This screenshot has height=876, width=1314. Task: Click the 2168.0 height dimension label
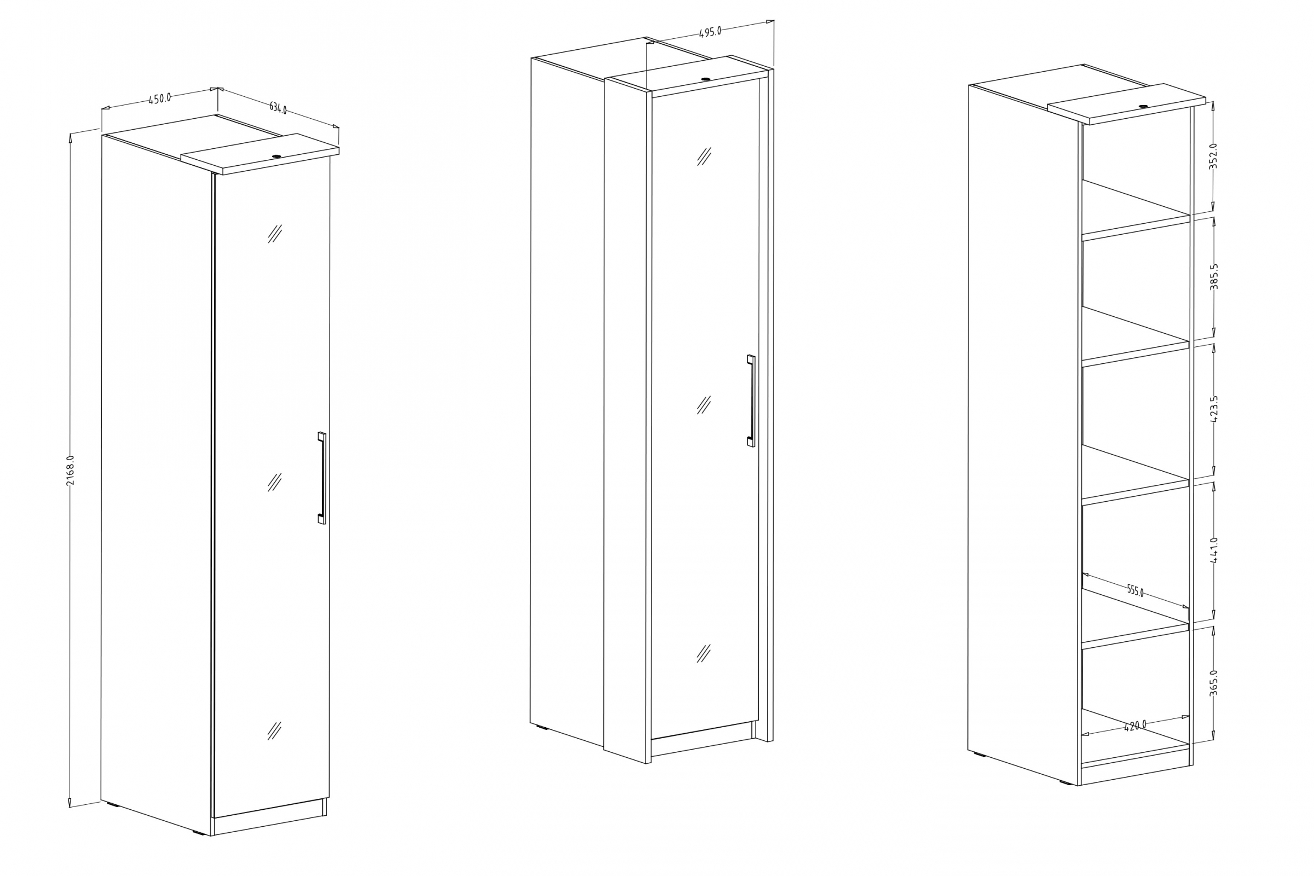click(x=70, y=471)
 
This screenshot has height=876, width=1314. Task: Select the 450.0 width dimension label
click(x=160, y=99)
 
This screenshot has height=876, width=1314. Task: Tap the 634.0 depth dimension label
click(x=278, y=108)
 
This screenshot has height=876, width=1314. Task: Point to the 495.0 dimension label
click(x=710, y=32)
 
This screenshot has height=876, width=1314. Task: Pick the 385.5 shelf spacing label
click(x=1213, y=276)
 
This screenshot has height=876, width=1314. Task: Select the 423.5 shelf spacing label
click(x=1213, y=408)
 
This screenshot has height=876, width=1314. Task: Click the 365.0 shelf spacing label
click(x=1213, y=683)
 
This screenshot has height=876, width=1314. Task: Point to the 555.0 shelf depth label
click(x=1135, y=590)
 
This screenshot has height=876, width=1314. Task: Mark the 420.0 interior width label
click(x=1134, y=726)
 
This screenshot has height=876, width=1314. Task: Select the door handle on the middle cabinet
click(x=751, y=401)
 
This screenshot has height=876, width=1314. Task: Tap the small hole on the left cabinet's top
click(x=276, y=156)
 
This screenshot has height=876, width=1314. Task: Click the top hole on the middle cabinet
click(x=705, y=79)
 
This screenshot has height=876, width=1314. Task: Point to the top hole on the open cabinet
click(x=1143, y=106)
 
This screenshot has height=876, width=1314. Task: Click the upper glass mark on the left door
click(x=274, y=234)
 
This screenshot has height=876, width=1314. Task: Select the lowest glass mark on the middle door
click(x=704, y=653)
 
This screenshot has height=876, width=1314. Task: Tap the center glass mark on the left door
click(x=274, y=482)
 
